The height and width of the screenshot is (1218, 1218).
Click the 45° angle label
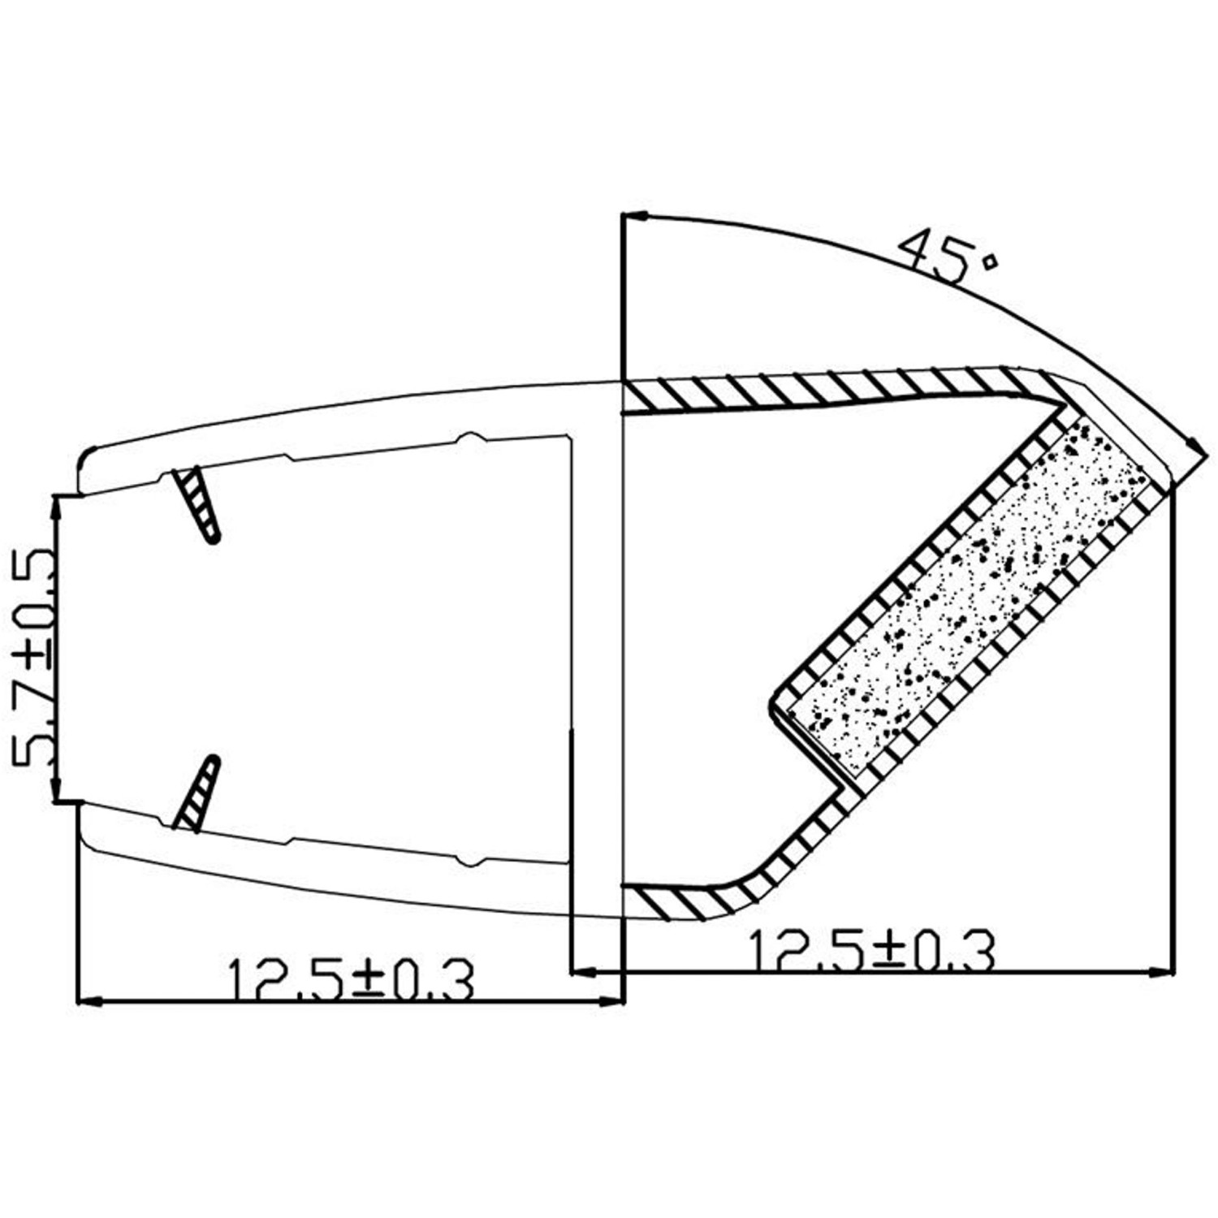point(948,257)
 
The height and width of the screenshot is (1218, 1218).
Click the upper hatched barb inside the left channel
point(197,505)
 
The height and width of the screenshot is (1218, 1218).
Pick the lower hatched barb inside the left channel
point(197,793)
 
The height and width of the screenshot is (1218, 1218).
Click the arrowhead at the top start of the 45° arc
point(636,216)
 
